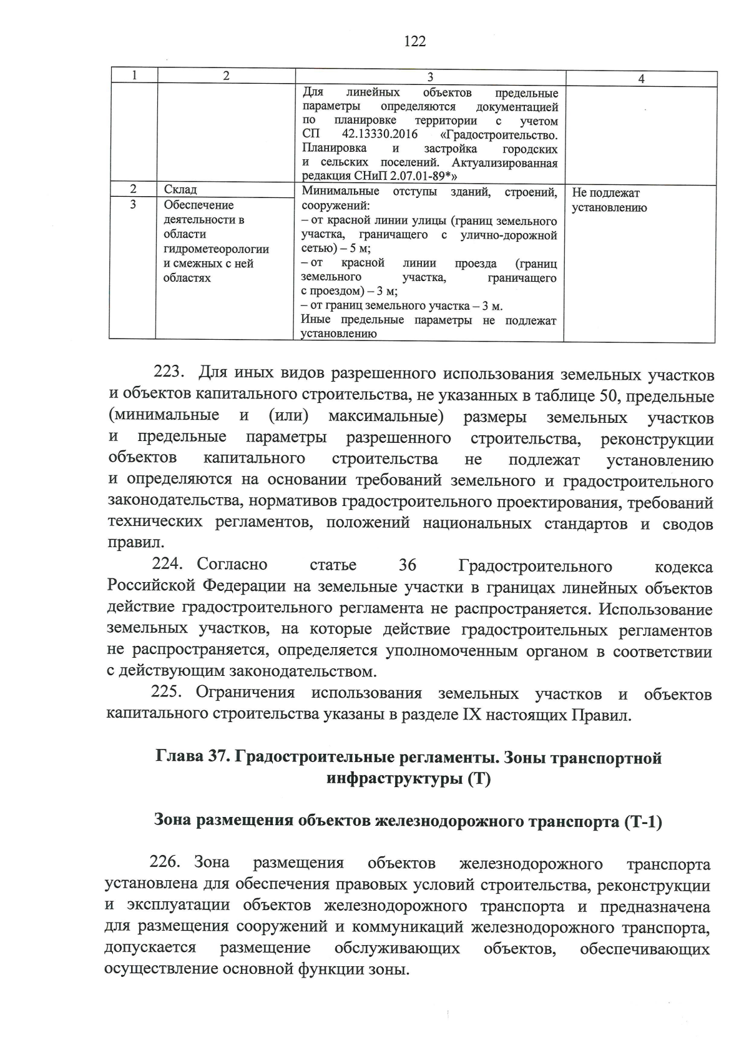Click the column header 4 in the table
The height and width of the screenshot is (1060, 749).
[641, 79]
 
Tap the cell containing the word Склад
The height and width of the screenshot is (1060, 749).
[180, 190]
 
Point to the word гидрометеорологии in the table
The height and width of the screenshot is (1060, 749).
[216, 249]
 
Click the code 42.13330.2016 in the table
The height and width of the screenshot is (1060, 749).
[380, 135]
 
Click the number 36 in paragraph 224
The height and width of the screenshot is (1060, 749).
[407, 565]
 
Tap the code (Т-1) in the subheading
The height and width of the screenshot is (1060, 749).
[642, 821]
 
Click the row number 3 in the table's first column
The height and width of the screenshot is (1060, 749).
[133, 204]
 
